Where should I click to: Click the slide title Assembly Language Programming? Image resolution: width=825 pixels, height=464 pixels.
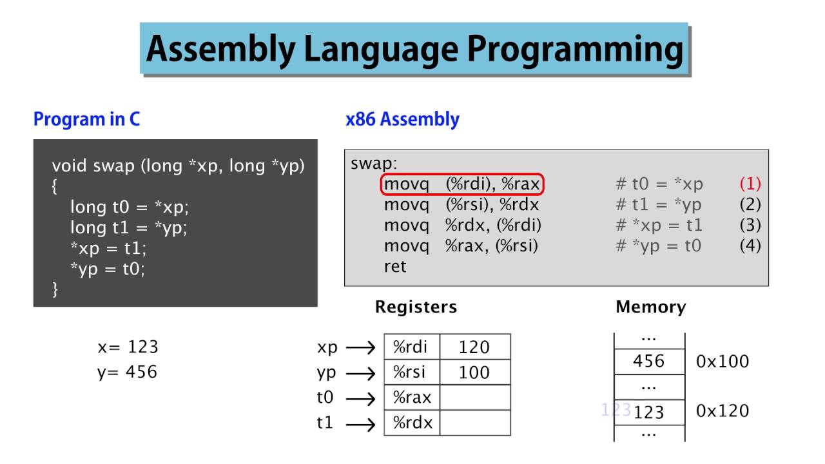(x=414, y=49)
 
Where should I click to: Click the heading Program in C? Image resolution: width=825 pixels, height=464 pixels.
(x=86, y=119)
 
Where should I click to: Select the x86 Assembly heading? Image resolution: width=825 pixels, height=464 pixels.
(x=402, y=119)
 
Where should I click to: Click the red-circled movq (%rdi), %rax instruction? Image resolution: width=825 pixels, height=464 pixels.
(x=462, y=185)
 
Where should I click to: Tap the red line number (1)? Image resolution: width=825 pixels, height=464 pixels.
(x=750, y=184)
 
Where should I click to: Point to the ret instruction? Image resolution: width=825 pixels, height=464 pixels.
(x=395, y=266)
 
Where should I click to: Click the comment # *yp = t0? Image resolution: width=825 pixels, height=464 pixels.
(x=658, y=246)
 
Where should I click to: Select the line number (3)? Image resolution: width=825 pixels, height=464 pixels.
(x=750, y=225)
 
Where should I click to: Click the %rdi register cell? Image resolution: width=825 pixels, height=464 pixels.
(x=411, y=347)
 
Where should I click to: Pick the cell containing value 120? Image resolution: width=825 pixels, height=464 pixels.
(x=474, y=347)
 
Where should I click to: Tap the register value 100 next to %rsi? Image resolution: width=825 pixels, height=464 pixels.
(x=474, y=372)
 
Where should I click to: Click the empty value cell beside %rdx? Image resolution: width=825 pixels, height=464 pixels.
(x=474, y=423)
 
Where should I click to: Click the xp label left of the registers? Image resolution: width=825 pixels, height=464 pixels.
(x=327, y=347)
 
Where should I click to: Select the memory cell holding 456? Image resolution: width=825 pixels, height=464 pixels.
(x=648, y=361)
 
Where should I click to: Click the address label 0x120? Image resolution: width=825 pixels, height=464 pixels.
(x=723, y=411)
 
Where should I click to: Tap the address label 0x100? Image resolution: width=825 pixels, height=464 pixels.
(x=723, y=361)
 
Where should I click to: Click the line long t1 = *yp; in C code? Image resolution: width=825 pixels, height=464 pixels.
(x=128, y=227)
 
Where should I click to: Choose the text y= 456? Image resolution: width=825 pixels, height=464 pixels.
(x=127, y=372)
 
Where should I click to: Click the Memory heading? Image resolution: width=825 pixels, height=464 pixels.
(x=650, y=307)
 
